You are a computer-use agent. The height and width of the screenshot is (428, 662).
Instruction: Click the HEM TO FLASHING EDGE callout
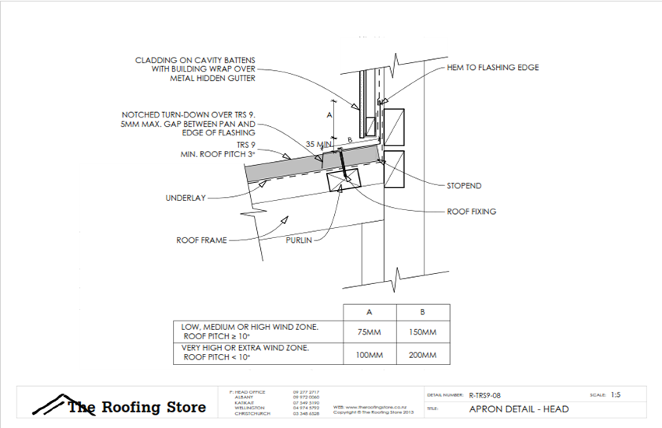coord(492,68)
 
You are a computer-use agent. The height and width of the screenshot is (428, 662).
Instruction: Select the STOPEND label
coord(465,186)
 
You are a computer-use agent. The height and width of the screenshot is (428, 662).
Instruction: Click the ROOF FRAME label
coord(201,240)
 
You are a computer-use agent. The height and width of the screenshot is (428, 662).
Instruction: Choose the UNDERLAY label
coord(185,198)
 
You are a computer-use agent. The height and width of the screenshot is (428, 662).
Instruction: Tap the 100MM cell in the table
coord(368,355)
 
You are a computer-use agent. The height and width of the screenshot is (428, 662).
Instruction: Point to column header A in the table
coord(368,311)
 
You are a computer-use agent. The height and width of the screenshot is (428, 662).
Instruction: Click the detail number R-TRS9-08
coord(491,395)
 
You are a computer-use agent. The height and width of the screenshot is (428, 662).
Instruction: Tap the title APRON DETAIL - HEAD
coord(519,409)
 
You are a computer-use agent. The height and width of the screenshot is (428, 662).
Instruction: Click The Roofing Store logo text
coord(137,407)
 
